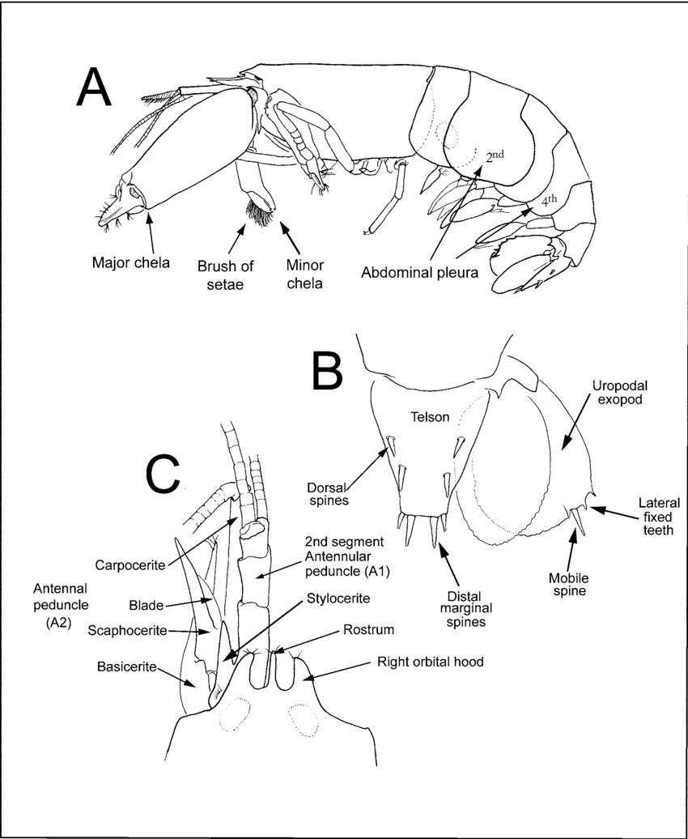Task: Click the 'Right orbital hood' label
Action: [x=430, y=662]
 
